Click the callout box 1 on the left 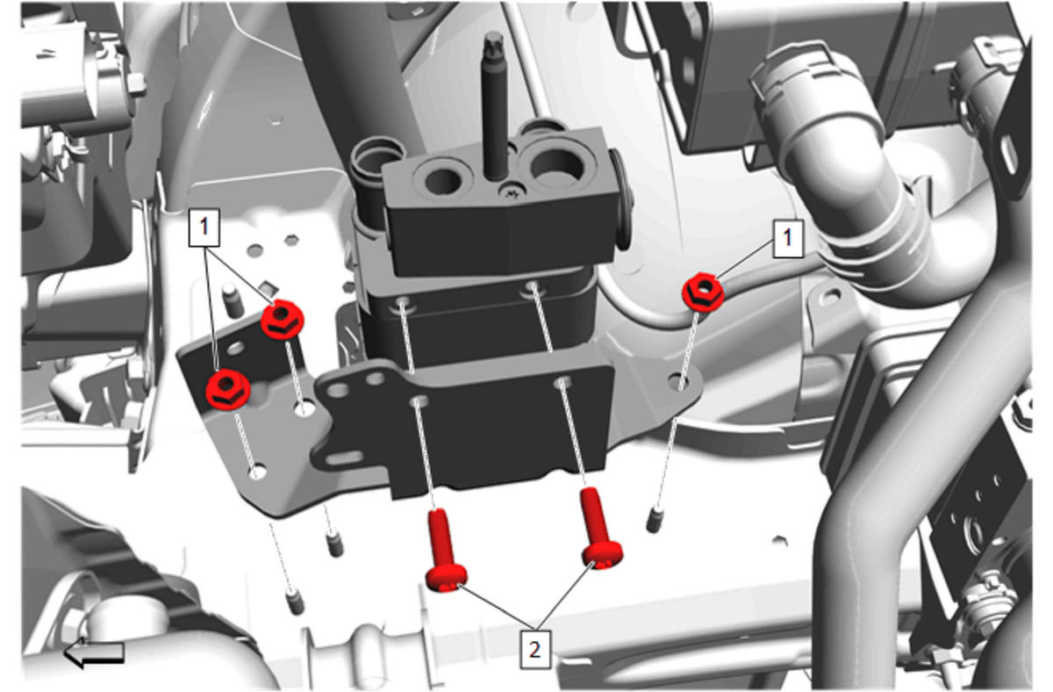(204, 227)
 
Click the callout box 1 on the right (788, 238)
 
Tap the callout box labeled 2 (535, 650)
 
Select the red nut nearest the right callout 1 (703, 292)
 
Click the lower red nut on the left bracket (227, 389)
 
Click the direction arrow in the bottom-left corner (94, 653)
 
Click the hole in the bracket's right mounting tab (679, 381)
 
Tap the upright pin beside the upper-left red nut (233, 300)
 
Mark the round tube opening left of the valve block (377, 155)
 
